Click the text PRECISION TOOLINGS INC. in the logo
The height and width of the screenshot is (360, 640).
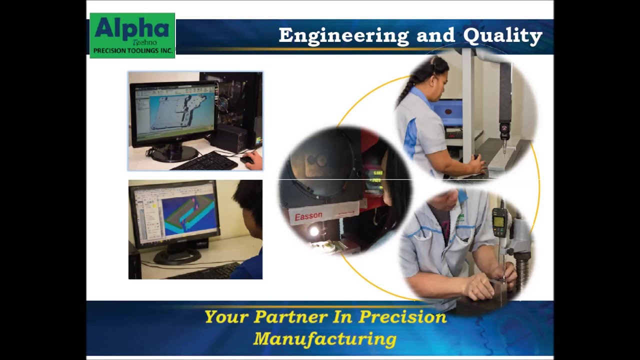[x=132, y=51]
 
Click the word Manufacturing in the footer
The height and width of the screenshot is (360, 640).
[x=325, y=339]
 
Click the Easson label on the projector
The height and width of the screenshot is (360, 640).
[x=308, y=216]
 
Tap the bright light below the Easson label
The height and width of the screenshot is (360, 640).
[x=313, y=231]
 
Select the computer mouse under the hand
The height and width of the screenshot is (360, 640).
[x=247, y=160]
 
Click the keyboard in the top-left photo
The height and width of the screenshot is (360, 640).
[x=204, y=161]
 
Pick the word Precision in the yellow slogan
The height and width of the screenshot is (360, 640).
[x=402, y=317]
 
